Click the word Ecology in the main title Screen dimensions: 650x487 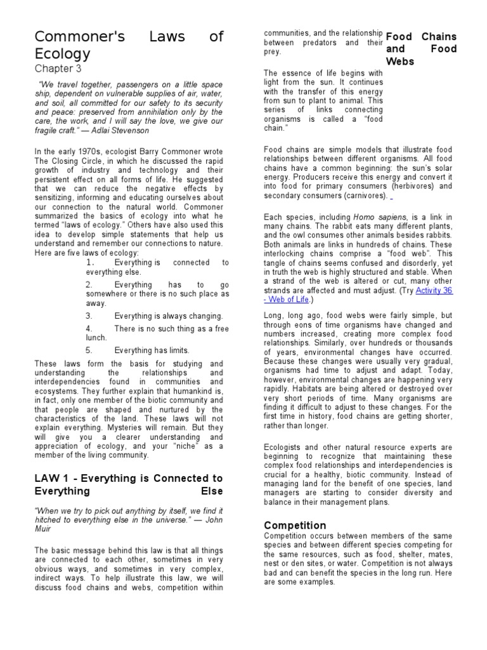(62, 53)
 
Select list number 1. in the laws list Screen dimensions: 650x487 (90, 262)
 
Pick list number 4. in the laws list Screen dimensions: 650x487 (89, 328)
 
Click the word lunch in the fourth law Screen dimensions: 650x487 (97, 338)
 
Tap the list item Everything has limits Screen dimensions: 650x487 (152, 350)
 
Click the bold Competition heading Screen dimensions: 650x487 (295, 526)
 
